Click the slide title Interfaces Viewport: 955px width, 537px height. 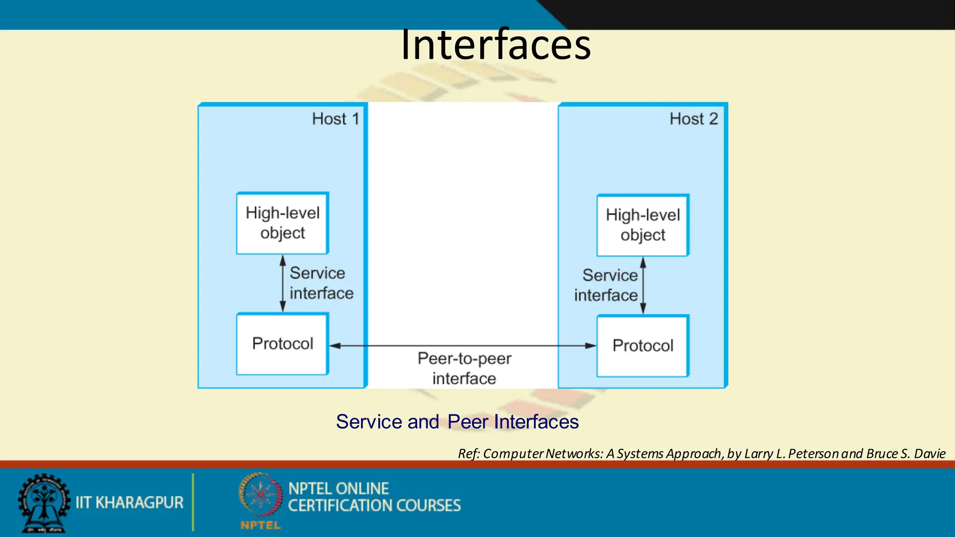tap(496, 45)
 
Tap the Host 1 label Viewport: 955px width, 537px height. tap(335, 119)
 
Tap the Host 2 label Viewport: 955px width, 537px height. tap(693, 119)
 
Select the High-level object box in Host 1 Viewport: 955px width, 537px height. tap(283, 223)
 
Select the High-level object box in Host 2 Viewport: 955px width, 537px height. tap(643, 225)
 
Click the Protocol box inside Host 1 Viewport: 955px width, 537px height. tap(283, 344)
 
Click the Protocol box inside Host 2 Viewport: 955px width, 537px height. tap(643, 346)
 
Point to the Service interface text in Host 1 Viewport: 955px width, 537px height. tap(321, 283)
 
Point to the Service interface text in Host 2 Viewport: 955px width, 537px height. tap(606, 285)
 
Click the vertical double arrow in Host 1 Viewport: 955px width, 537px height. tap(283, 283)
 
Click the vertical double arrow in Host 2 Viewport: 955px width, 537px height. tap(643, 285)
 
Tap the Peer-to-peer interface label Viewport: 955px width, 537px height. tap(464, 368)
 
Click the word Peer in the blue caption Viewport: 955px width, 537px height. tap(468, 422)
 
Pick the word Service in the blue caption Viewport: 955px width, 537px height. tap(369, 422)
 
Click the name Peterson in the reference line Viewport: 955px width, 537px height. tap(814, 454)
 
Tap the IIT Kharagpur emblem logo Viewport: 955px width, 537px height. tap(44, 503)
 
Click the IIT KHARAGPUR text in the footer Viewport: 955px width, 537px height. tap(130, 503)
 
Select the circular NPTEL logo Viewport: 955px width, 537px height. tap(260, 495)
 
